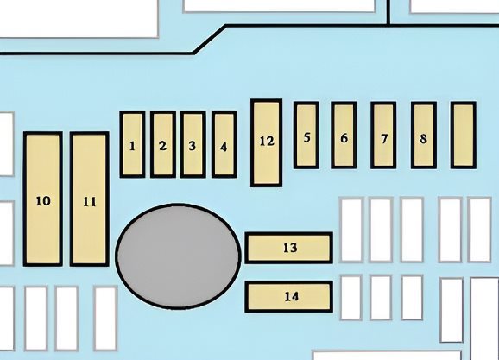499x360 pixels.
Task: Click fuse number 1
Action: point(132,144)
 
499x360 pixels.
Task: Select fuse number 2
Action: point(163,144)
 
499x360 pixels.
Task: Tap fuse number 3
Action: point(193,144)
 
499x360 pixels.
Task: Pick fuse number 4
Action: point(224,144)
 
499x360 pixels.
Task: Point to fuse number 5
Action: point(306,135)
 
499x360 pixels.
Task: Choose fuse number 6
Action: point(344,135)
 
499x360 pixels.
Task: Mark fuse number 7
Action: point(383,135)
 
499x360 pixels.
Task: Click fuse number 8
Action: point(424,135)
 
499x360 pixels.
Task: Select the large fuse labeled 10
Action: point(43,199)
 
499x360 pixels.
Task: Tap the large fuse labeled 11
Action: point(90,199)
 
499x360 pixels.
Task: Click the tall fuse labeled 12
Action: point(267,142)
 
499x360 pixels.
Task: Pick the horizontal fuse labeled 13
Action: point(289,248)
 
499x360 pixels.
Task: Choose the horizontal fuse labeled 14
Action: point(289,297)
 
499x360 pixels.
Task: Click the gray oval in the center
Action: point(178,256)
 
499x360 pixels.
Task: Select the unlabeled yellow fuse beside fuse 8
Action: point(464,135)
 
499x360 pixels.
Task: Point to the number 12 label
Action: point(267,141)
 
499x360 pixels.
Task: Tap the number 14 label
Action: point(291,297)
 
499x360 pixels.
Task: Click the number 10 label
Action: point(43,201)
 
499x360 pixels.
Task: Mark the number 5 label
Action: point(306,137)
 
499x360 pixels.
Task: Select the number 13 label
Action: point(290,248)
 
